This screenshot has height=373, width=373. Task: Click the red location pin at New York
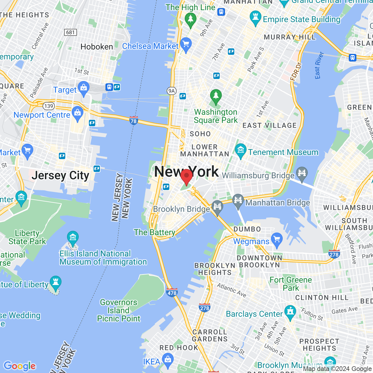point(186,176)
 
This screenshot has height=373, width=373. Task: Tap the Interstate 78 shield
point(133,120)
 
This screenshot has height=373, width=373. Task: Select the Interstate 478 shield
point(172,293)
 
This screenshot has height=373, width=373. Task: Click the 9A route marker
point(172,91)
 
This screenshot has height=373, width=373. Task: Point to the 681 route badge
point(71,32)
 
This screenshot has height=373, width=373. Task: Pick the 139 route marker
point(48,106)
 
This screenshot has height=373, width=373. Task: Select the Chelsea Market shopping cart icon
point(186,44)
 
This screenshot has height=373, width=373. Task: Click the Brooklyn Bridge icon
point(217,207)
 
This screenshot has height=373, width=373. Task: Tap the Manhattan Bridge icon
point(238,200)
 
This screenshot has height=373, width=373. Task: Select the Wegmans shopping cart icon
point(277,240)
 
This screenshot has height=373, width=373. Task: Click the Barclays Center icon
point(290,312)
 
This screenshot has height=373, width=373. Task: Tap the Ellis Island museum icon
point(73,238)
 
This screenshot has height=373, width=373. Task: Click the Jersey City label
point(61,175)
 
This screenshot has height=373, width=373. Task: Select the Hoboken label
point(97,47)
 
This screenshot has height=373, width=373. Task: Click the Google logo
point(20,366)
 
